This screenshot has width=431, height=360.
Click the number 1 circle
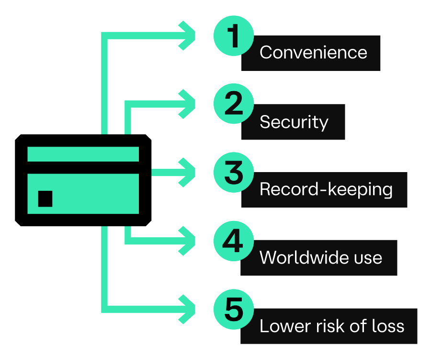point(233,37)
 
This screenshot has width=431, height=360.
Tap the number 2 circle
point(233,104)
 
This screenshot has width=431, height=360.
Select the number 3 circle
point(233,172)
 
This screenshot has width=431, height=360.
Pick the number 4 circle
point(233,241)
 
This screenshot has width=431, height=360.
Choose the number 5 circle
point(233,309)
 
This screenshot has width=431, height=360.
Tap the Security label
point(294,122)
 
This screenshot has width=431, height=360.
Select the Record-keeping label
point(326,190)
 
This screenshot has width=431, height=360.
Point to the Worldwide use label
point(320,258)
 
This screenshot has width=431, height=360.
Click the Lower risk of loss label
point(331,326)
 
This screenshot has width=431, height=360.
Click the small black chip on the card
point(45,198)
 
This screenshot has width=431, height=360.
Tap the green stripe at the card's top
point(83,154)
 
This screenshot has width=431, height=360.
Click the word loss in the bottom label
point(388,326)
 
